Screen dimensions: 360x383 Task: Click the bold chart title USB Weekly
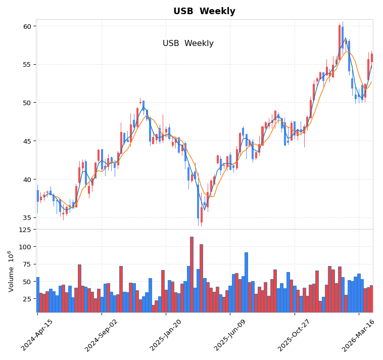pos(204,11)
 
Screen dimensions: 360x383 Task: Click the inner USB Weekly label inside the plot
pos(188,43)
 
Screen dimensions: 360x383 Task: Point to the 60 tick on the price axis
pos(27,26)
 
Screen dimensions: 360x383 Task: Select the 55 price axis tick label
pos(27,65)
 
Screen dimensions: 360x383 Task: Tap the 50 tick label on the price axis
pos(27,103)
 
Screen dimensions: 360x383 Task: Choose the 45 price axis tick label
pos(27,141)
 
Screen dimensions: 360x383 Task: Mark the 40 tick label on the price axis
pos(27,179)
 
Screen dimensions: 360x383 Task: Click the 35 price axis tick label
pos(27,218)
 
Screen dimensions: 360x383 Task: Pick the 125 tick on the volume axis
pos(25,230)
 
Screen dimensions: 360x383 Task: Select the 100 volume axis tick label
pos(25,247)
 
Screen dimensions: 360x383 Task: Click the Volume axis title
pos(11,271)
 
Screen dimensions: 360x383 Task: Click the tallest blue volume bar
pos(191,273)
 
